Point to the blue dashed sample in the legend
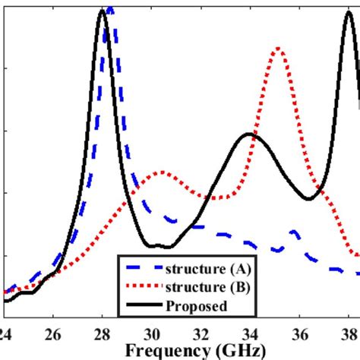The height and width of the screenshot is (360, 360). click(144, 269)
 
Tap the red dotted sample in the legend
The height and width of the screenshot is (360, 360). click(144, 287)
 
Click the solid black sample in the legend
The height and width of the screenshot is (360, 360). click(144, 305)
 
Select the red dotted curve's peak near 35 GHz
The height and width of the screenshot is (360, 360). click(279, 49)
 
